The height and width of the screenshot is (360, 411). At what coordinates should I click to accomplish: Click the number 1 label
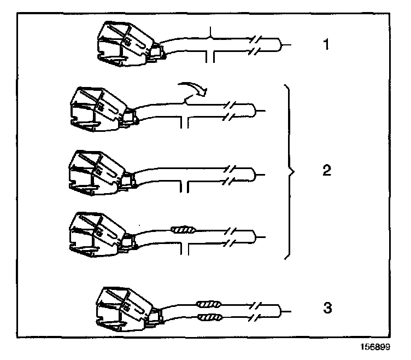point(325,45)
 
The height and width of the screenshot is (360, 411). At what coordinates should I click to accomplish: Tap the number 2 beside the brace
point(326,171)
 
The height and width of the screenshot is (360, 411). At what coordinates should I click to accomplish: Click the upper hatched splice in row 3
point(209,304)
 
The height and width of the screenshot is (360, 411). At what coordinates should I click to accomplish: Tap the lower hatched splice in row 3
point(209,317)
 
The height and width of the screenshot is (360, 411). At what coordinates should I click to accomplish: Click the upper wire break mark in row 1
point(255,39)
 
